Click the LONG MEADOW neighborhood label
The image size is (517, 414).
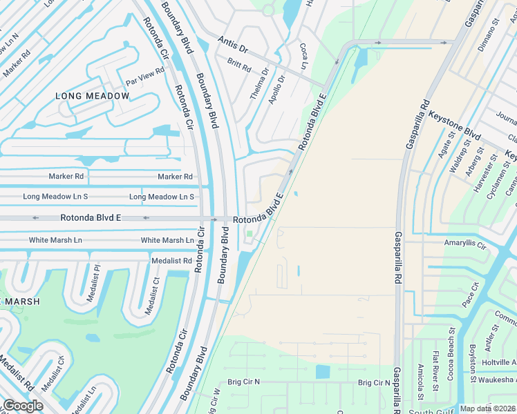[x=92, y=96]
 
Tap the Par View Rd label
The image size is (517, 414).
[x=144, y=72]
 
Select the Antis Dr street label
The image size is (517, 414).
[x=232, y=43]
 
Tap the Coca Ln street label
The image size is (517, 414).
[x=303, y=55]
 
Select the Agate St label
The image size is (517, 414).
[x=446, y=147]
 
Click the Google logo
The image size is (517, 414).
[x=23, y=406]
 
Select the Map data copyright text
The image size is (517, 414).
[x=487, y=408]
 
